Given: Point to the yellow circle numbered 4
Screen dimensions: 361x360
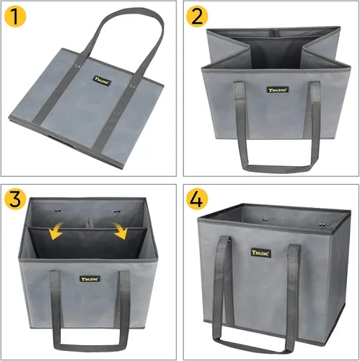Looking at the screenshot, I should [198, 199].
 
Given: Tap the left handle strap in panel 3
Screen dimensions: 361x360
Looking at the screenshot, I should [53, 303].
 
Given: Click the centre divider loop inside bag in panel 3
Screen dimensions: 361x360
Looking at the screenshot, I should [89, 219].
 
